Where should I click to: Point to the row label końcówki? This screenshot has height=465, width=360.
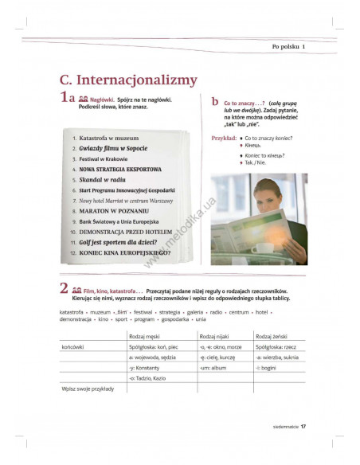coord(73,347)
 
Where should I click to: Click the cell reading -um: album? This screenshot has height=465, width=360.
coord(215,369)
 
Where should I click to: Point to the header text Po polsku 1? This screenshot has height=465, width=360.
coord(288,45)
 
